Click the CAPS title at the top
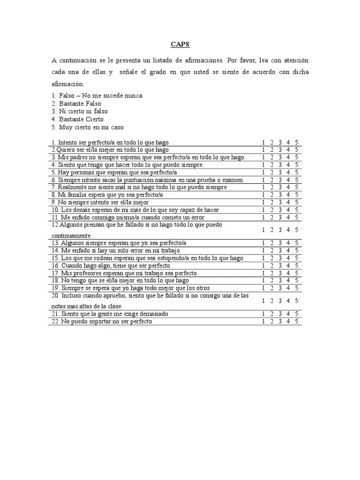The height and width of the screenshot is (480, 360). (180, 45)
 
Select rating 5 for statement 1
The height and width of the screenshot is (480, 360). (297, 142)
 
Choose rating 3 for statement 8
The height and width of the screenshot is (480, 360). (280, 195)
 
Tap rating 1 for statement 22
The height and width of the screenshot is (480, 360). (264, 322)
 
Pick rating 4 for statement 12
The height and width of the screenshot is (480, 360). (288, 230)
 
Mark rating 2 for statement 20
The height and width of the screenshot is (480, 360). (272, 300)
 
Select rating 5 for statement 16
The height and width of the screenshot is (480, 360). (297, 265)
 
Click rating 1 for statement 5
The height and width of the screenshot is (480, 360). (264, 172)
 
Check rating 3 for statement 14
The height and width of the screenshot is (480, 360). (280, 250)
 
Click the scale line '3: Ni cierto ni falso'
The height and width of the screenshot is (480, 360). (80, 112)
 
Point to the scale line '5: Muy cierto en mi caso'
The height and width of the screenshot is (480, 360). (88, 127)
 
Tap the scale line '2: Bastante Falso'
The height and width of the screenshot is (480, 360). (76, 104)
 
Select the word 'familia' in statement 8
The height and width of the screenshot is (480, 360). (79, 195)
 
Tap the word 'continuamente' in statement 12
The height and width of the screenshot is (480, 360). (71, 235)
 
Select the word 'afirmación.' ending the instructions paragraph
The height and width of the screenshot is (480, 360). (67, 84)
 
